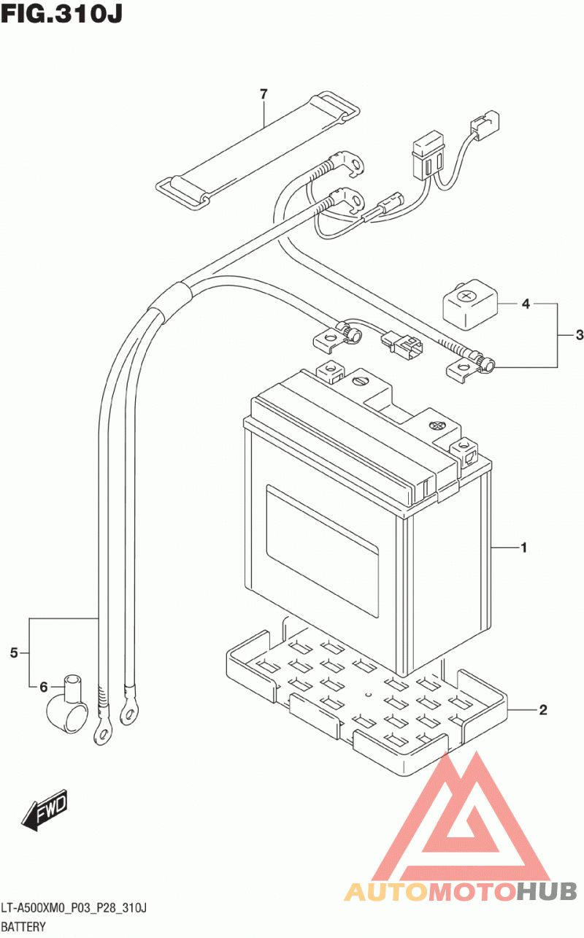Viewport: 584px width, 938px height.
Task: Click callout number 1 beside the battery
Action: click(x=523, y=547)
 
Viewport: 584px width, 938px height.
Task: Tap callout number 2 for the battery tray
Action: click(x=543, y=710)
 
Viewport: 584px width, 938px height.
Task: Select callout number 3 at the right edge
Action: click(x=580, y=335)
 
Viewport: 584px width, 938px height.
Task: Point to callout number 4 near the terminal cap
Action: click(x=526, y=304)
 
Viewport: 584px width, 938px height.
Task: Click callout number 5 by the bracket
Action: click(x=14, y=653)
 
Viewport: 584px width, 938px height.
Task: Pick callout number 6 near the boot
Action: click(x=44, y=687)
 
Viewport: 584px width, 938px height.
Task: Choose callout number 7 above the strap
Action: click(x=264, y=94)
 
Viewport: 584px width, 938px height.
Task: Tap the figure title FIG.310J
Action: click(x=61, y=14)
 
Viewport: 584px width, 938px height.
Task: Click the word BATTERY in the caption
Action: click(x=23, y=926)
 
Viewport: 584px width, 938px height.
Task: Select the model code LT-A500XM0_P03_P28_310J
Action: click(x=74, y=908)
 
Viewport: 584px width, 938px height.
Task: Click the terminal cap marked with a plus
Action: click(x=471, y=304)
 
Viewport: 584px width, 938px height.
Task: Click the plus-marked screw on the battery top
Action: click(x=437, y=426)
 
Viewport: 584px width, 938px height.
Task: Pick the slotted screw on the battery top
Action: click(x=360, y=381)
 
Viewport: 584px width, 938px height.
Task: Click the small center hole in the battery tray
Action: click(x=369, y=695)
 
